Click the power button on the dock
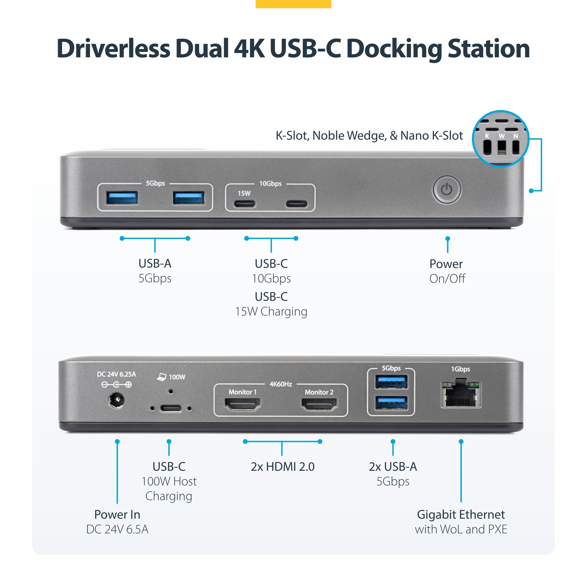pos(447,190)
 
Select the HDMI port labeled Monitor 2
pos(319,404)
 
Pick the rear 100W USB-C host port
pos(171,408)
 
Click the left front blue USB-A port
pos(122,198)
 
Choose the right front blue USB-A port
pos(189,198)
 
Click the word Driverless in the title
pos(113,49)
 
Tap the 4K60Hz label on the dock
pos(281,384)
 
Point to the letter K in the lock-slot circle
pos(487,136)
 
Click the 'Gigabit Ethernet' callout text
pos(461,514)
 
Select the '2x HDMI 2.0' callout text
pos(282,466)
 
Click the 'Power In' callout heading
pos(117,514)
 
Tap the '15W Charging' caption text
pos(271,311)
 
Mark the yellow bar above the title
pos(293,4)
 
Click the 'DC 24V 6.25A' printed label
pos(116,374)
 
